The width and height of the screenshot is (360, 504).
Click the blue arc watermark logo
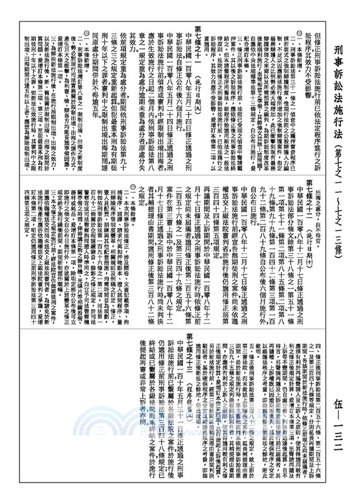(x=183, y=435)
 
